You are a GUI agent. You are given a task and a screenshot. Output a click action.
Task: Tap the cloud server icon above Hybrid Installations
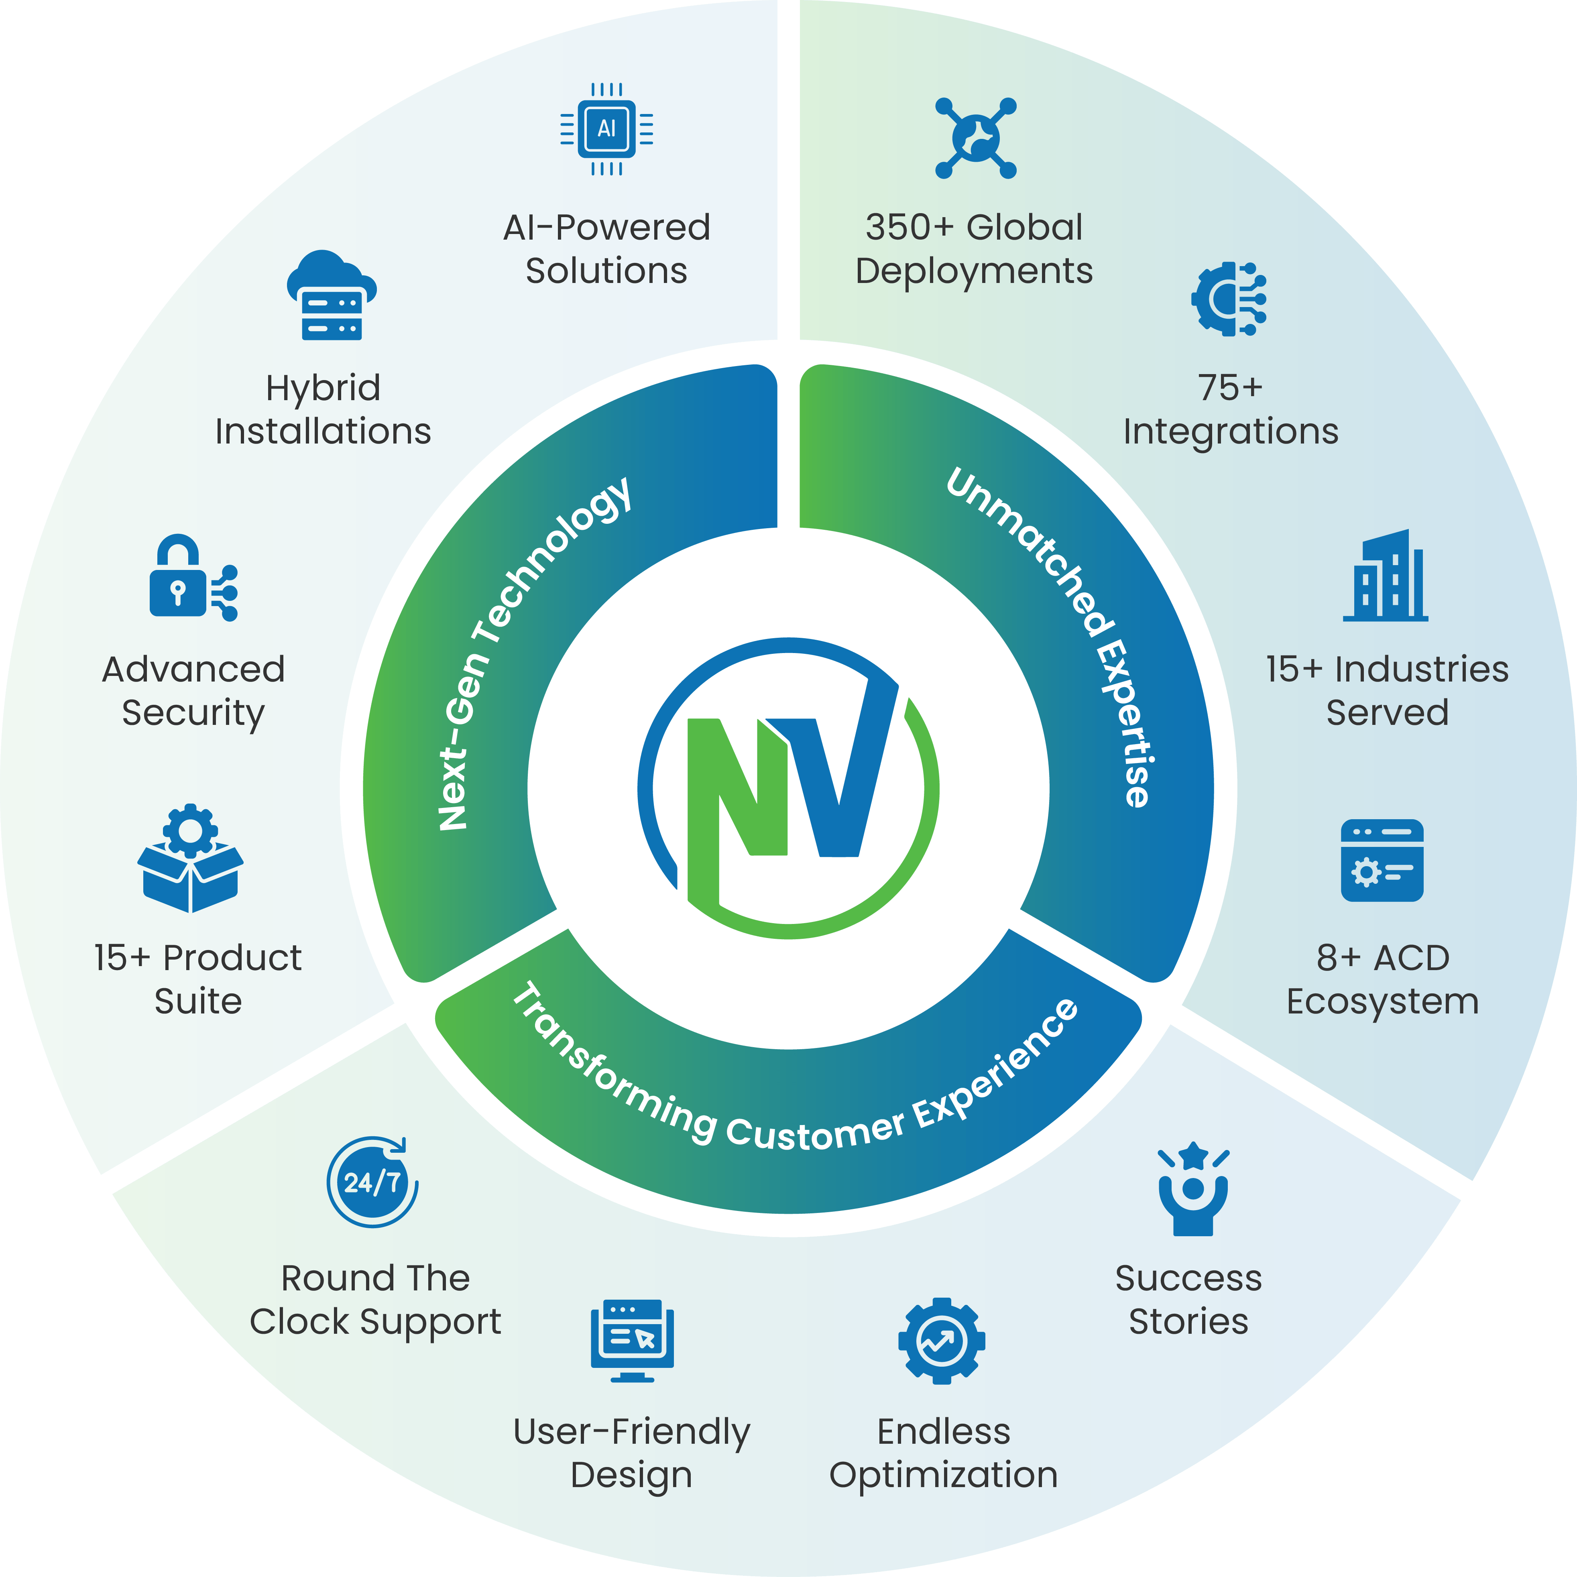pos(332,295)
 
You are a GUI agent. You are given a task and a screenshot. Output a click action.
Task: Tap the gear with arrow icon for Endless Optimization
pos(941,1340)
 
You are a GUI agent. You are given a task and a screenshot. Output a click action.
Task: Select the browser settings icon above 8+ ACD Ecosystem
pos(1382,860)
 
